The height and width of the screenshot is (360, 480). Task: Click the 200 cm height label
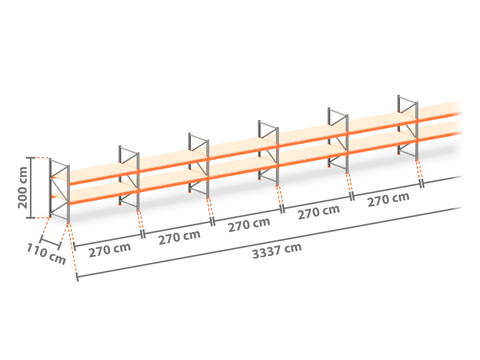pyautogui.click(x=23, y=188)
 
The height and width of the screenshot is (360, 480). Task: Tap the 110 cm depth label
pyautogui.click(x=46, y=254)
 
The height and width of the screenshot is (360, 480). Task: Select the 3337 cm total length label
pyautogui.click(x=277, y=251)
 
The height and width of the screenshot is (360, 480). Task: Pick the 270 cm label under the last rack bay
pyautogui.click(x=388, y=199)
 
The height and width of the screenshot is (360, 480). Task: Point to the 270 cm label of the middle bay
pyautogui.click(x=249, y=225)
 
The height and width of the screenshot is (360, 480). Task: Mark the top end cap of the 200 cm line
pyautogui.click(x=31, y=157)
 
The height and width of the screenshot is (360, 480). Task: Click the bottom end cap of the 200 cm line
pyautogui.click(x=31, y=218)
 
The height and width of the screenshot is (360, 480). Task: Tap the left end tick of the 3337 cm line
pyautogui.click(x=77, y=277)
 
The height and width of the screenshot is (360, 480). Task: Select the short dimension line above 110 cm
pyautogui.click(x=50, y=243)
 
